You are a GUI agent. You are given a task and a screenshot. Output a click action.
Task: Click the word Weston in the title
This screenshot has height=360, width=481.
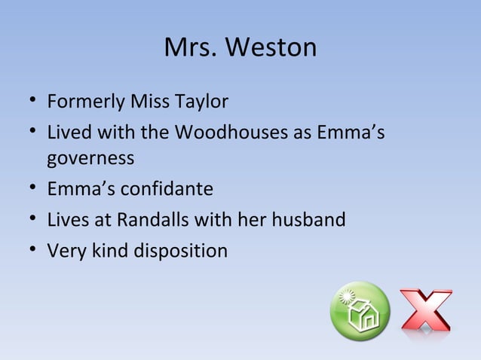coord(273,49)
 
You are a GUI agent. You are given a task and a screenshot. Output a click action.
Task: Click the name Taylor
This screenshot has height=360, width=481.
coord(202,101)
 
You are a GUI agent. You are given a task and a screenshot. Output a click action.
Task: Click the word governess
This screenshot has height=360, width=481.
coord(90,160)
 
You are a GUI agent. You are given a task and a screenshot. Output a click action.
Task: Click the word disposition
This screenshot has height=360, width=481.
coord(180,250)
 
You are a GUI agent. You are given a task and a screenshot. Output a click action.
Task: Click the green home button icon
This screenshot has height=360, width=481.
coord(360,312)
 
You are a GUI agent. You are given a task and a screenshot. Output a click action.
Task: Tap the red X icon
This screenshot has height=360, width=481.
coord(426,310)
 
